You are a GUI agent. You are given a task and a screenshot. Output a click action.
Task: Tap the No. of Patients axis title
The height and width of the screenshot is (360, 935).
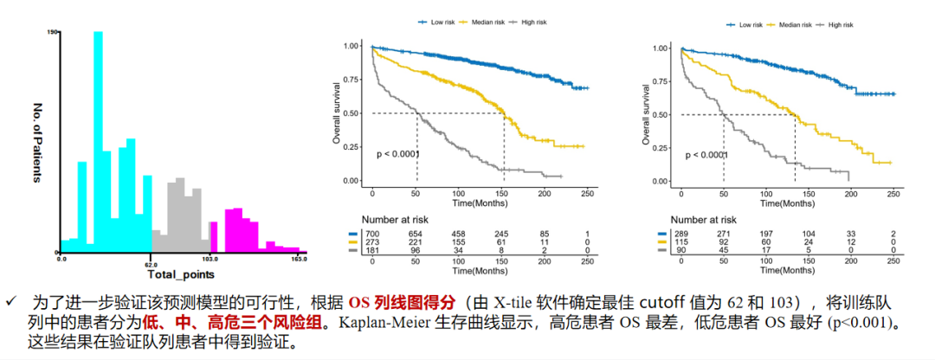pyautogui.click(x=38, y=144)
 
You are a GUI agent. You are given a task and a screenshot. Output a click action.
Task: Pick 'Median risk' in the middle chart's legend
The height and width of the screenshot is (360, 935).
pyautogui.click(x=492, y=21)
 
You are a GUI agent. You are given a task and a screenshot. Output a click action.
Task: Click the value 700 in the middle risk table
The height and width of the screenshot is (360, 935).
pyautogui.click(x=373, y=234)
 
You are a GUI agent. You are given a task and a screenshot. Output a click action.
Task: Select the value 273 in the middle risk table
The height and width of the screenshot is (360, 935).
pyautogui.click(x=373, y=243)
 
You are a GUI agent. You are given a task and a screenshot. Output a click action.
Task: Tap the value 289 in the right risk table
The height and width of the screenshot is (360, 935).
pyautogui.click(x=682, y=234)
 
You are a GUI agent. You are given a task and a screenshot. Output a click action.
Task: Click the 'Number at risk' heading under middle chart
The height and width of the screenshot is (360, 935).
pyautogui.click(x=384, y=221)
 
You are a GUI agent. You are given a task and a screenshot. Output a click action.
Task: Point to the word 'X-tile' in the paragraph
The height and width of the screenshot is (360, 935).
pyautogui.click(x=513, y=304)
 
